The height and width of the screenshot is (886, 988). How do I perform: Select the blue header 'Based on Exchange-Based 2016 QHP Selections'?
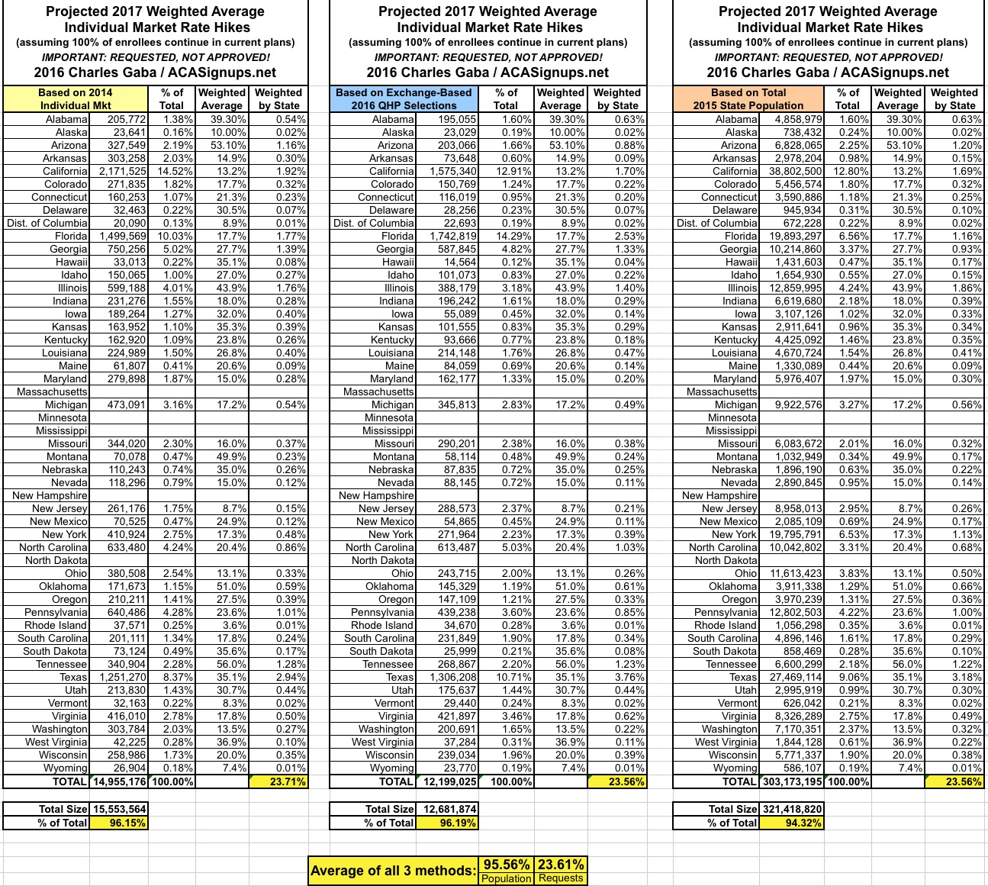(x=404, y=98)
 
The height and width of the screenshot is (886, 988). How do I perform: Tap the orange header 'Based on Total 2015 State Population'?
(x=748, y=98)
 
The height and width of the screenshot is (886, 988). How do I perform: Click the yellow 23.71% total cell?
(x=278, y=781)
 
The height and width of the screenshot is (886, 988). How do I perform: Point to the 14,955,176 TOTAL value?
(x=119, y=781)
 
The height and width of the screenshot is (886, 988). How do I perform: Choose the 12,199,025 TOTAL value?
(x=446, y=781)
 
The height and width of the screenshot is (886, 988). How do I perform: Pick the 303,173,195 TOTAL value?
(x=792, y=781)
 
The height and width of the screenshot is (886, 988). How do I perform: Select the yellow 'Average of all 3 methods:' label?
(x=393, y=871)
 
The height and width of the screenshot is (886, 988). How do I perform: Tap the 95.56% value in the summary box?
(x=507, y=865)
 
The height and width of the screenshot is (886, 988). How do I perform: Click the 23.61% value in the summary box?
(x=561, y=865)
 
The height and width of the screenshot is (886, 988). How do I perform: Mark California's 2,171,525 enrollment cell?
(x=119, y=171)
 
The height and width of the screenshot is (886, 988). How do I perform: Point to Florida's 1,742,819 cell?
(x=446, y=236)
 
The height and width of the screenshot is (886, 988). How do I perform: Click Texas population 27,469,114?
(x=792, y=677)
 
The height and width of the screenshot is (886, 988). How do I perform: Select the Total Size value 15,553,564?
(x=119, y=809)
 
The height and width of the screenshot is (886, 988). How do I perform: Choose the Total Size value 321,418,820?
(x=792, y=809)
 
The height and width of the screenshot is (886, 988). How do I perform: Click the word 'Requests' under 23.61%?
(x=561, y=878)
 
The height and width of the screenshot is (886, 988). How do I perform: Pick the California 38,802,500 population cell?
(x=792, y=171)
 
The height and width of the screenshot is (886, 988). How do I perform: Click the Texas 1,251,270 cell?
(x=119, y=677)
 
